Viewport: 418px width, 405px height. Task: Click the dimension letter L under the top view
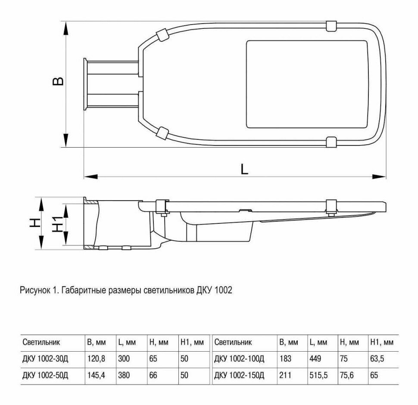244,169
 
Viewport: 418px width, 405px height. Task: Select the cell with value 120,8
96,358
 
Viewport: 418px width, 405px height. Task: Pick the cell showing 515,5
318,375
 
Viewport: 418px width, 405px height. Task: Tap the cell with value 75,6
349,375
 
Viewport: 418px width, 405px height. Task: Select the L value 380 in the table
124,375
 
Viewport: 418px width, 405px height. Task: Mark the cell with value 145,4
96,375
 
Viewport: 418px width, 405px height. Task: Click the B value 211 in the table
286,375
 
